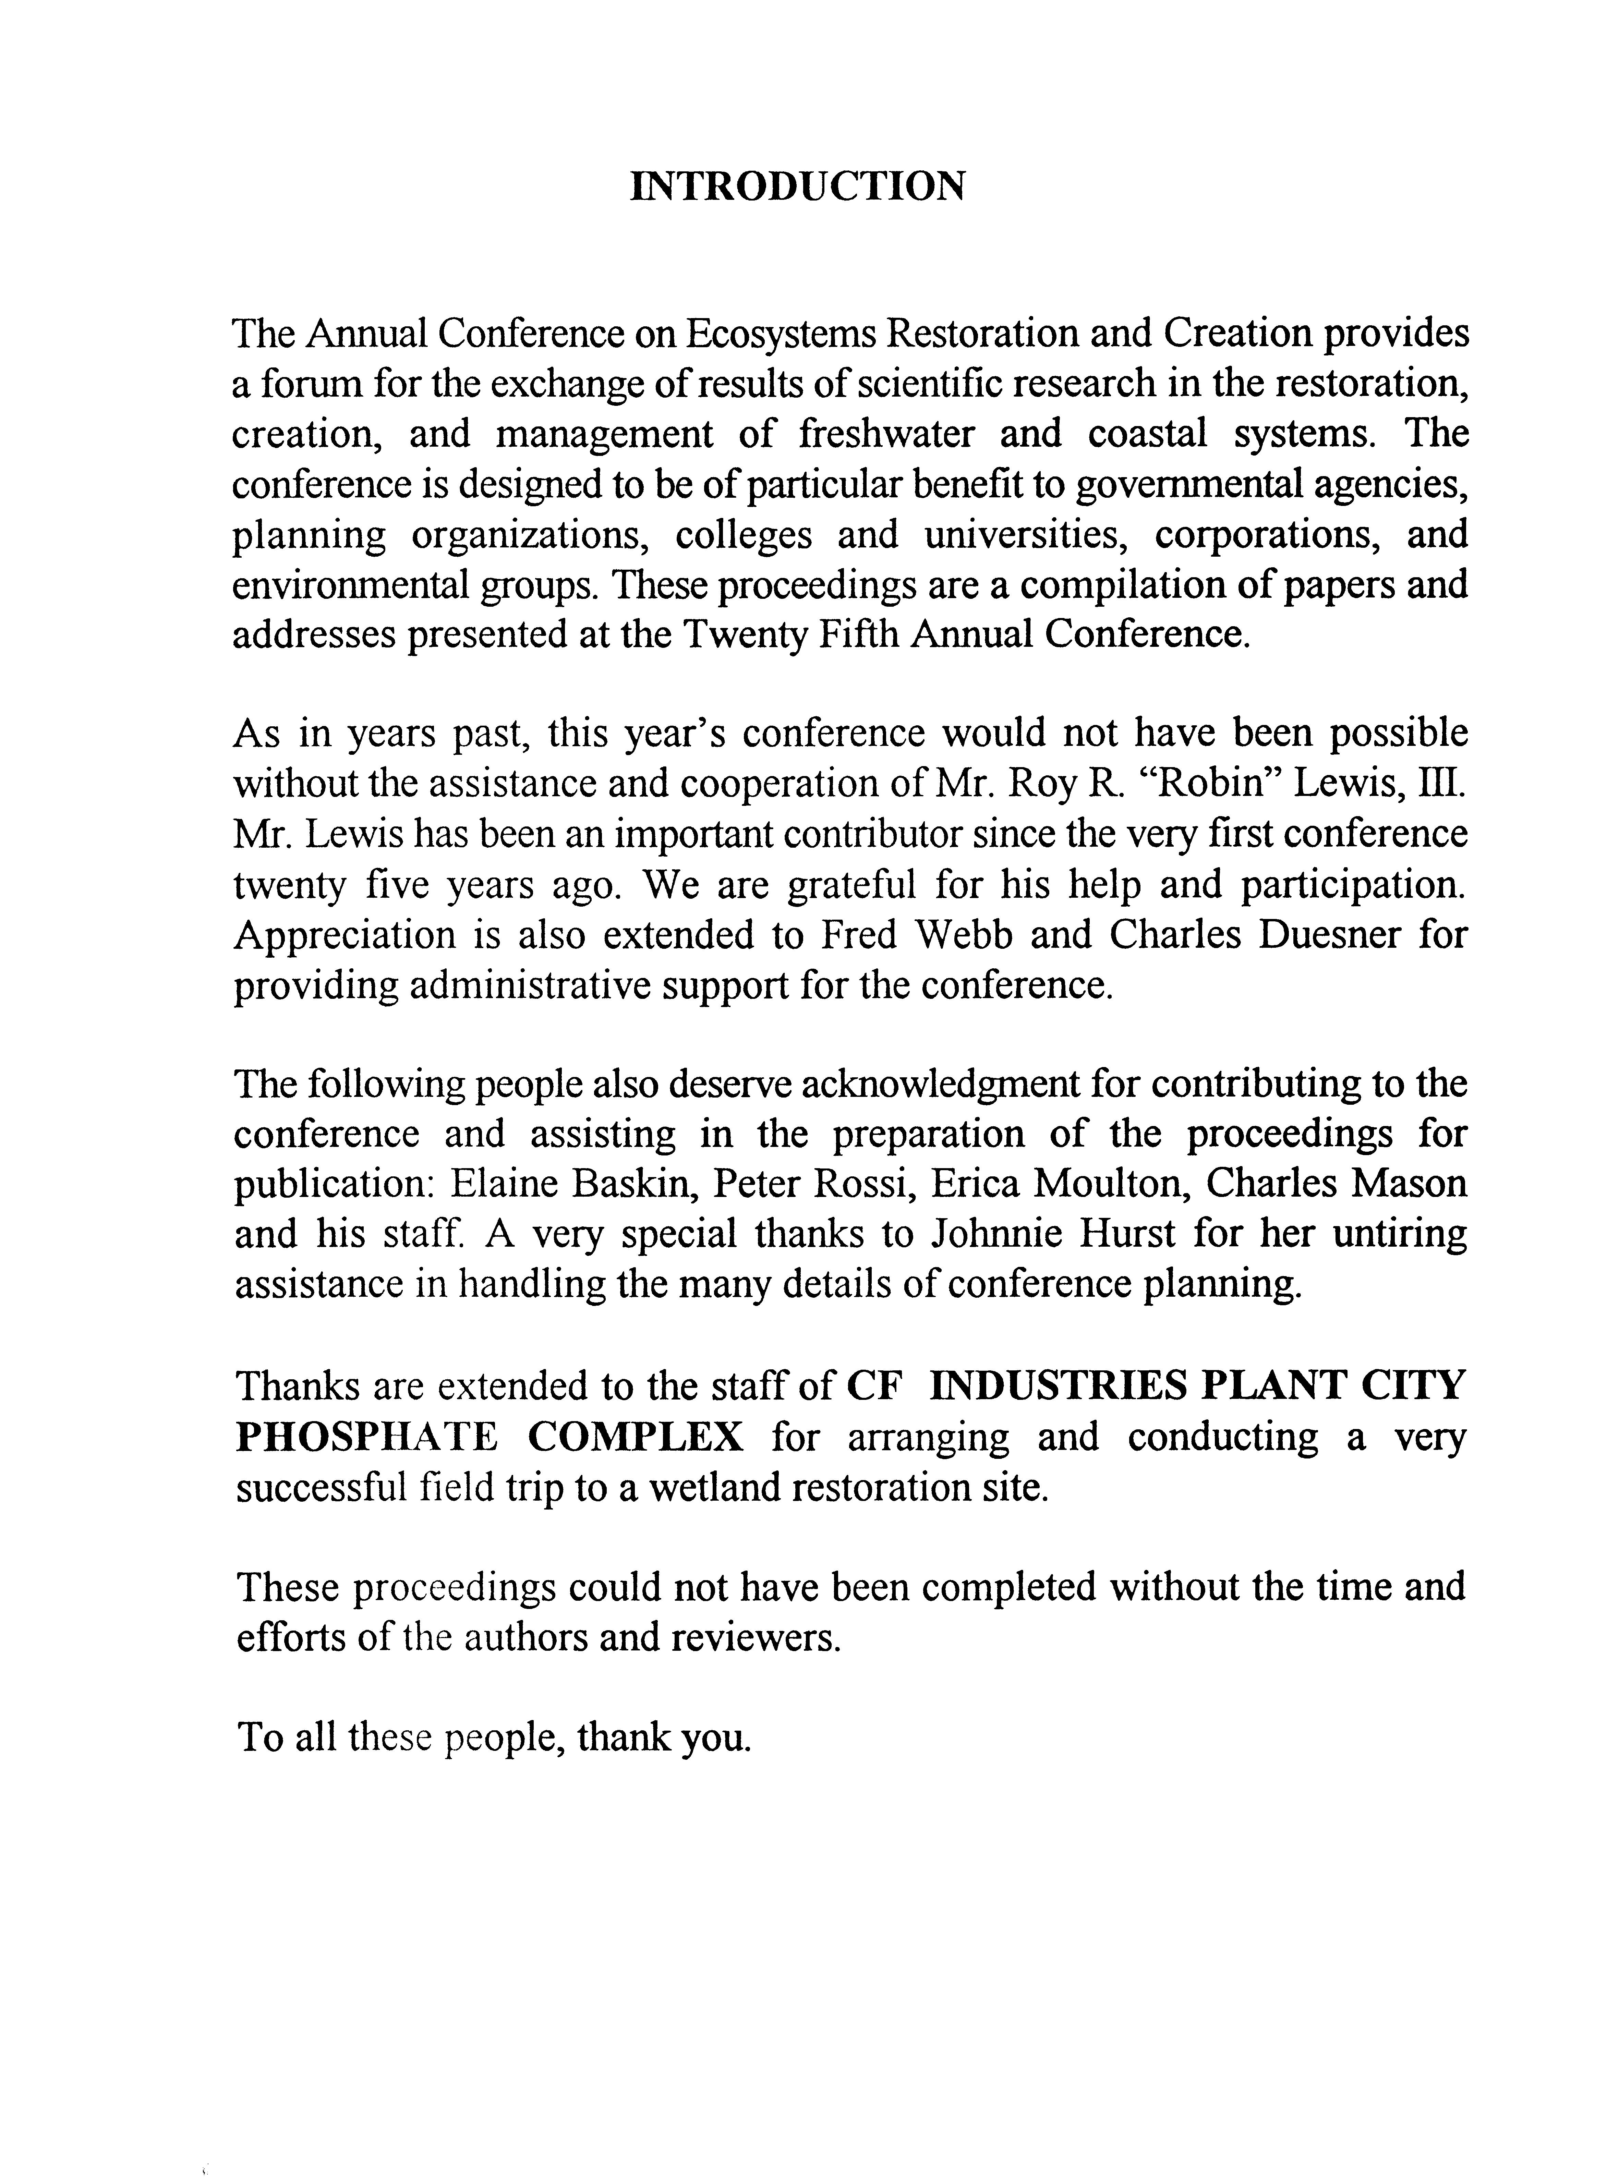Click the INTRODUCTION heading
click(x=798, y=187)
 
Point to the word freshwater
click(x=885, y=434)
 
